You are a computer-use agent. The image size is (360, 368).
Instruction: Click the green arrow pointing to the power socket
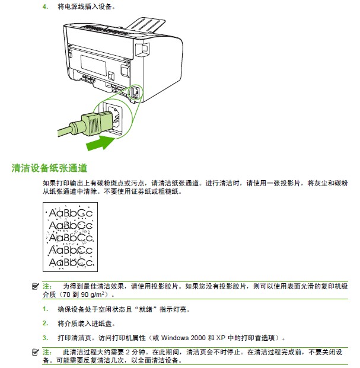tap(101, 143)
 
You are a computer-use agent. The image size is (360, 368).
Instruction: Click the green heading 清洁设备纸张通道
tap(49, 168)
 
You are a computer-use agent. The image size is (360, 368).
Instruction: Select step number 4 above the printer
tap(45, 7)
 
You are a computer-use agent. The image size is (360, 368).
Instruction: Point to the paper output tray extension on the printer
tap(146, 24)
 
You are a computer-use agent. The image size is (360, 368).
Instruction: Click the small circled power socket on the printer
tap(136, 92)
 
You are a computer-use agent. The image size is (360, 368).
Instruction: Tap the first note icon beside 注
tap(35, 286)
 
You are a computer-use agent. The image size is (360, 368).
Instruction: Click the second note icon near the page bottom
tap(35, 352)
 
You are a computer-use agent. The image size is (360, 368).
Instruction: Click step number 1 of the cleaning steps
tap(45, 309)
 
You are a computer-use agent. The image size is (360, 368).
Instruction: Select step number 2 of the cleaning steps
tap(45, 324)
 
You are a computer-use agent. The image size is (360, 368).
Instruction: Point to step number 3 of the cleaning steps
tap(45, 338)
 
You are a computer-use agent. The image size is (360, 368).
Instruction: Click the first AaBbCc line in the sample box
tap(71, 213)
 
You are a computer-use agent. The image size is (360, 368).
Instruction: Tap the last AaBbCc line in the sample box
tap(71, 263)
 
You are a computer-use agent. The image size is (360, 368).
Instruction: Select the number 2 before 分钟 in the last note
tap(128, 352)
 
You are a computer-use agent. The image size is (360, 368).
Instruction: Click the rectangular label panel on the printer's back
tap(93, 65)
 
